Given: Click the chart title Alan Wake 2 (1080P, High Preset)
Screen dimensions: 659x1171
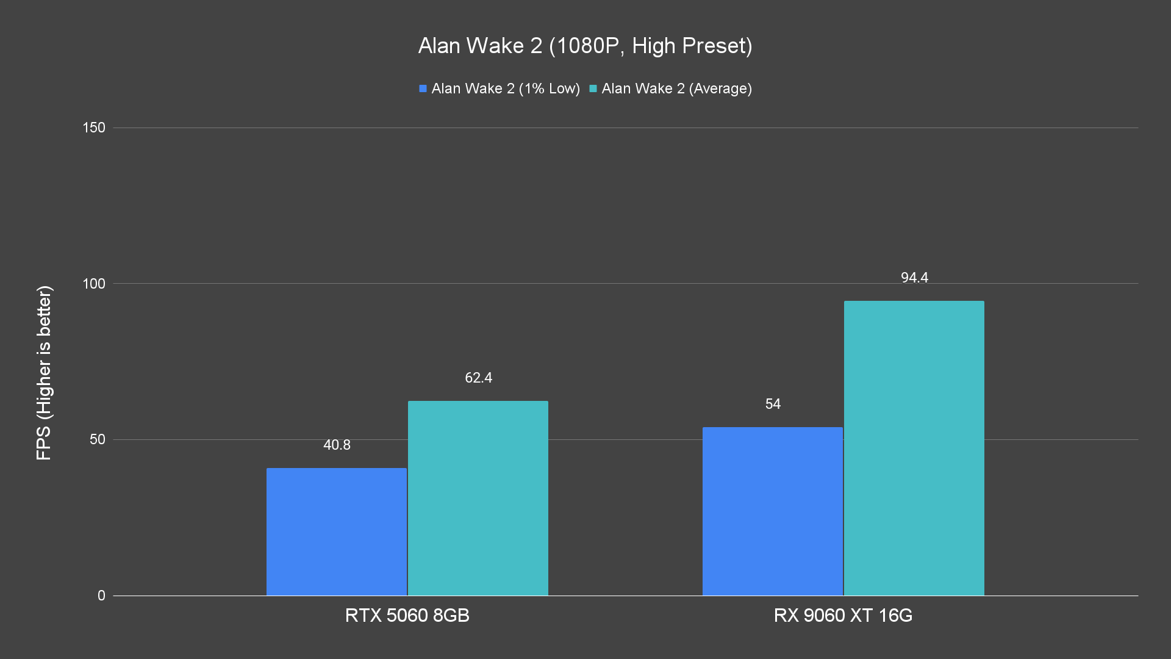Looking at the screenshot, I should [585, 46].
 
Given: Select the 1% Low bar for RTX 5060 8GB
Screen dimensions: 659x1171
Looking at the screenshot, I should [336, 531].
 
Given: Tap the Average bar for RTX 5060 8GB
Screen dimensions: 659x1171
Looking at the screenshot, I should [478, 497].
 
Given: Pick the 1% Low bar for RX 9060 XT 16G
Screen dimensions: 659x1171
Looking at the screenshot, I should [772, 511].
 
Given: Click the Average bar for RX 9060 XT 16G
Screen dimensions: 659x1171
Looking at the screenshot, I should [914, 447].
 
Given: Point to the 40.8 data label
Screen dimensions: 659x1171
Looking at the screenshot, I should [337, 445].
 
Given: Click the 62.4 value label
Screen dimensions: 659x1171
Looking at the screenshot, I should [478, 378].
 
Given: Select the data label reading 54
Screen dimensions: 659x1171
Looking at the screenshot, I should [773, 404].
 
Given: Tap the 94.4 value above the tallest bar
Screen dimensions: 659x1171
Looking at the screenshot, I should [914, 278].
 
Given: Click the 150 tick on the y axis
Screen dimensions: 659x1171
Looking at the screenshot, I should [94, 128].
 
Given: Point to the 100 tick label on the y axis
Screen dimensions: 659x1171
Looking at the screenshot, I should [94, 284].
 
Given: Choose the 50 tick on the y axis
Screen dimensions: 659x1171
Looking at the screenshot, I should [98, 439].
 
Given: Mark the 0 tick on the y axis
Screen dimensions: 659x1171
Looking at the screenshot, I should [101, 596].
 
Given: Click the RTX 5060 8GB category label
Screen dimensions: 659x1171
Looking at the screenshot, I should [407, 615].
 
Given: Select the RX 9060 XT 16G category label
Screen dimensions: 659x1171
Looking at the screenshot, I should [843, 615].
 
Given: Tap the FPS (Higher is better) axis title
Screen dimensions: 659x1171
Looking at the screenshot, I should [44, 372].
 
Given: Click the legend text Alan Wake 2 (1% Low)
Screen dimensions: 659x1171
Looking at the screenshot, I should [506, 88].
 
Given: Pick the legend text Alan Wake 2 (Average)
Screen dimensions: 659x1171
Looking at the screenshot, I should [676, 88].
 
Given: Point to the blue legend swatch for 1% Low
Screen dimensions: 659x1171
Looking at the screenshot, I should [423, 88].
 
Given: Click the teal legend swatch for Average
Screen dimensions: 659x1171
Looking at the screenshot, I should [593, 88].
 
